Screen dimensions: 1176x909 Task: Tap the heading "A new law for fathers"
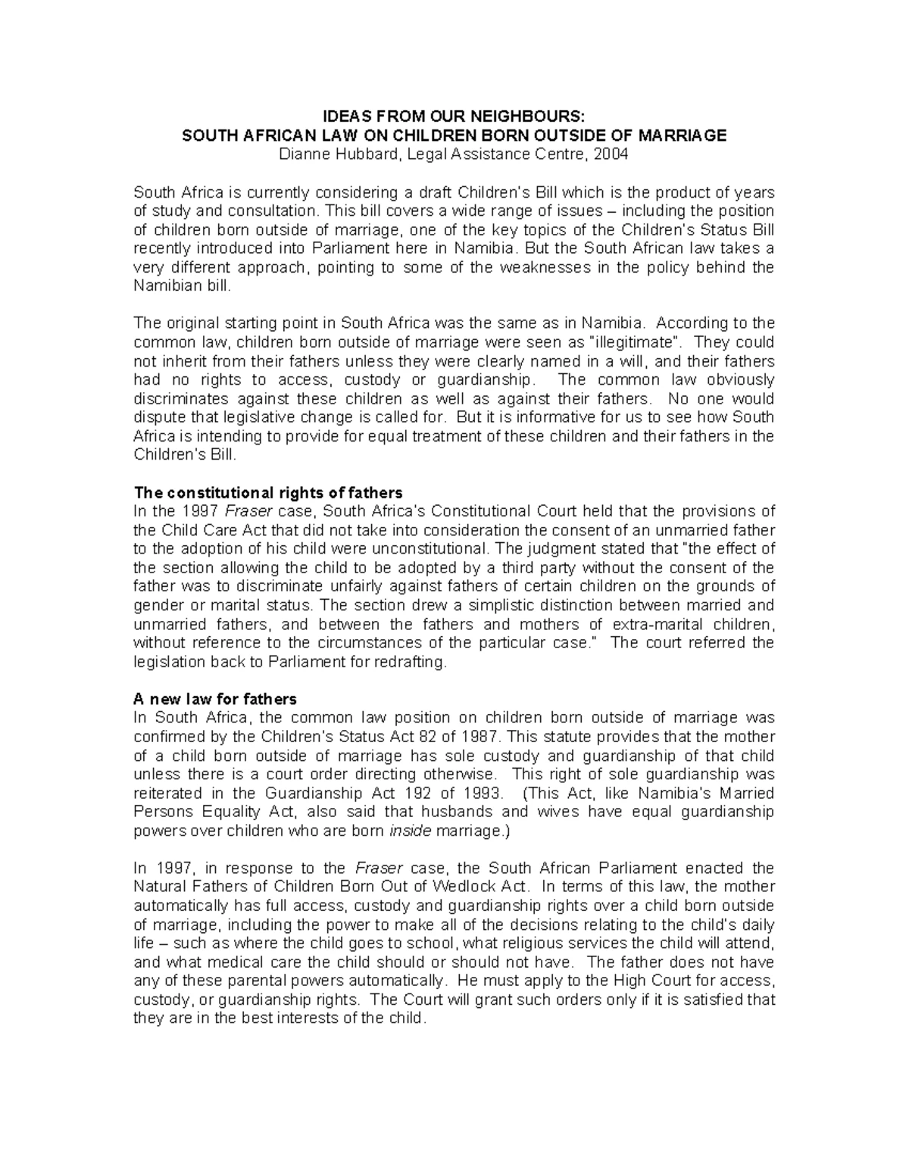[215, 699]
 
